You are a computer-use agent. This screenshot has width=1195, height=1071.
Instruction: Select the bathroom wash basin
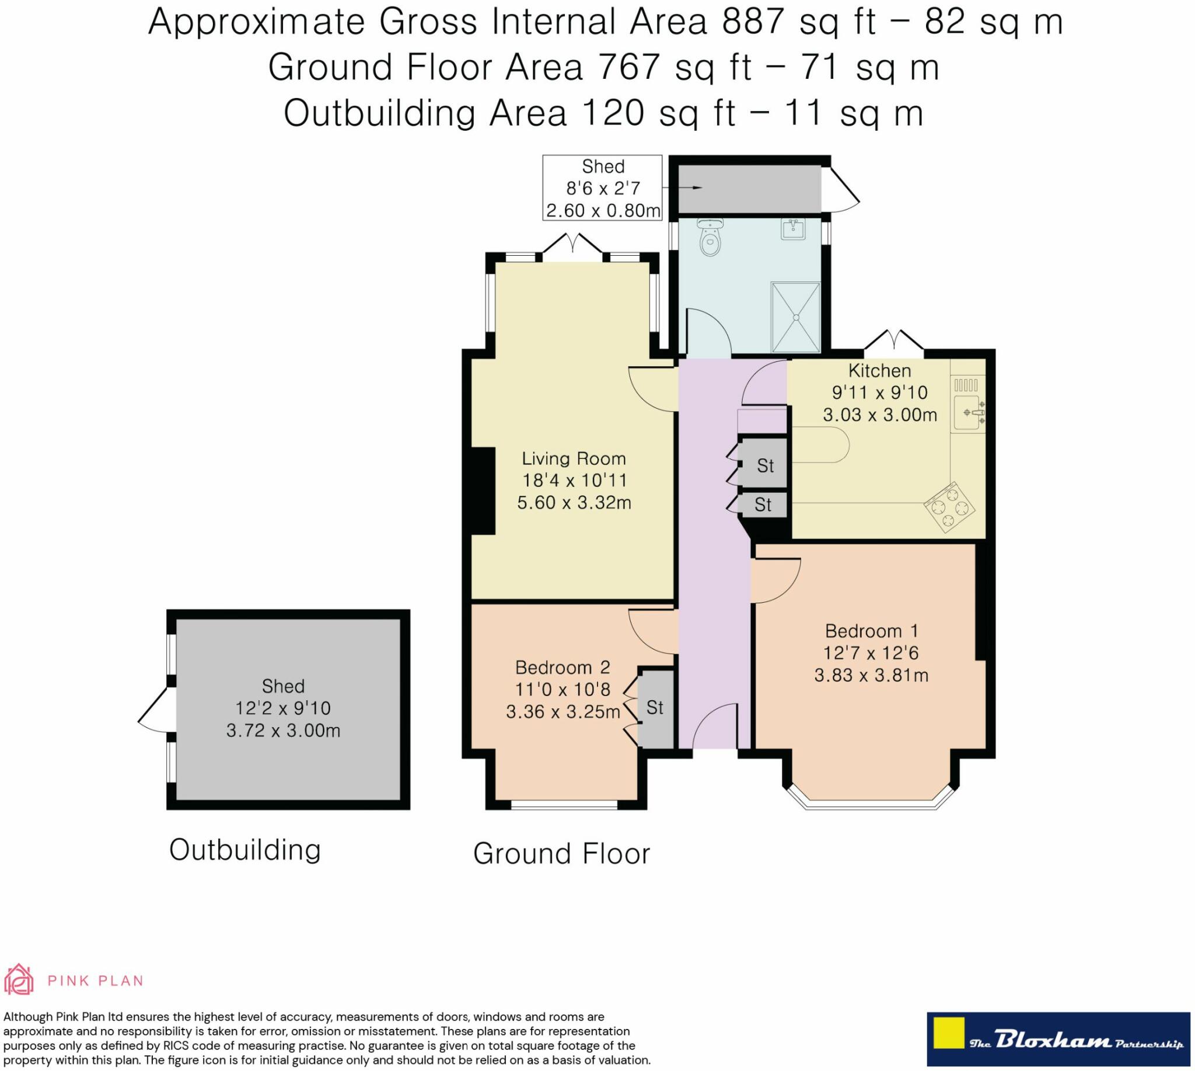point(794,228)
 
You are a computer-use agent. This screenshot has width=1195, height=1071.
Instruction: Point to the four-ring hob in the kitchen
point(949,507)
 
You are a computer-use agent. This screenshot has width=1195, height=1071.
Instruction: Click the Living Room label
point(574,458)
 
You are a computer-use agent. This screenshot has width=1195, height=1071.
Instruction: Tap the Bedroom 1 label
point(871,631)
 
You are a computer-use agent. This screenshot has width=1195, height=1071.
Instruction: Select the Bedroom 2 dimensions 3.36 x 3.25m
point(563,712)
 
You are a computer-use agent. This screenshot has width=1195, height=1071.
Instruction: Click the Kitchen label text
point(879,370)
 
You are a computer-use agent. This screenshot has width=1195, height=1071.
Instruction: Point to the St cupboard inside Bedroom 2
point(655,707)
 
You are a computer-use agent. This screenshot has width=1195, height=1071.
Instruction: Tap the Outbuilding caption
point(244,850)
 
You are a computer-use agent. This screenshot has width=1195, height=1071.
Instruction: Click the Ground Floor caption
point(562,853)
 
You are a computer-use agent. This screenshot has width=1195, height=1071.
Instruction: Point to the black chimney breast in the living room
point(483,491)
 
